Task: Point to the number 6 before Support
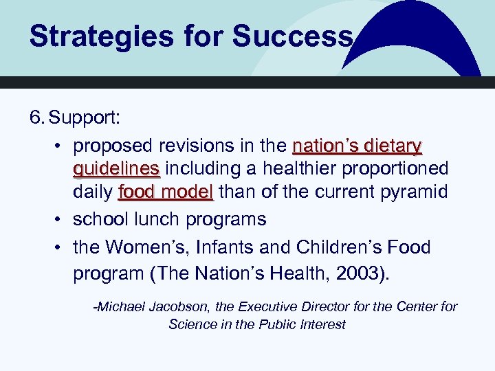pyautogui.click(x=35, y=117)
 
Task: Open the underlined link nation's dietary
pyautogui.click(x=357, y=146)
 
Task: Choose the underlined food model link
pyautogui.click(x=166, y=192)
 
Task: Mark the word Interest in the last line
pyautogui.click(x=322, y=324)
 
